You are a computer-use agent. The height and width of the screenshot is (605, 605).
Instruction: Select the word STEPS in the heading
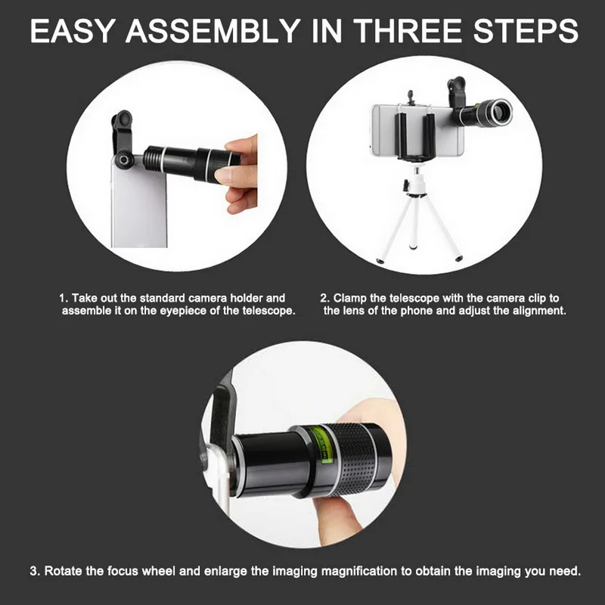pos(526,30)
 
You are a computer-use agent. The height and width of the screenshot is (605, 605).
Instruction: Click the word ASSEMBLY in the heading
pos(213,30)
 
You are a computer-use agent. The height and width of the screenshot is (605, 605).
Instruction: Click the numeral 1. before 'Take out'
pos(64,298)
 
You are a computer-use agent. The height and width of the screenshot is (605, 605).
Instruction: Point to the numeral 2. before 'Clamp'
pos(325,298)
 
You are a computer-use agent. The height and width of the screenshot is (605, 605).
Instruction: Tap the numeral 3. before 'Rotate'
pos(35,571)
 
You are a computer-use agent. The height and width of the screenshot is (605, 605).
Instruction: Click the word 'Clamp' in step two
pos(349,299)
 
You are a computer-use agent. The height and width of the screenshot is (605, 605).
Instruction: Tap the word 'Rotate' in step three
pos(63,571)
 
